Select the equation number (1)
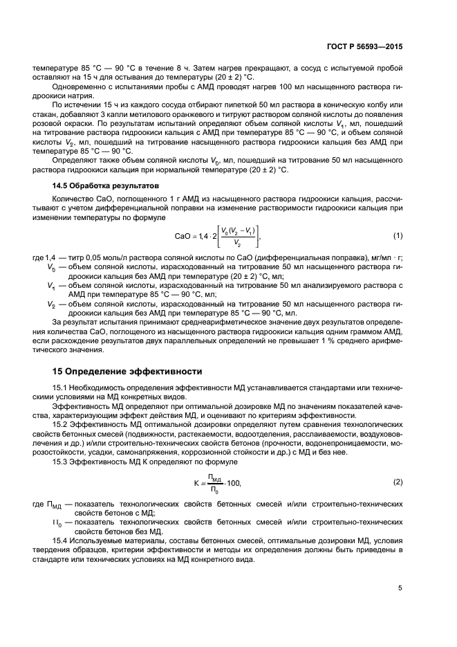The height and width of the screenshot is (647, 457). (398, 235)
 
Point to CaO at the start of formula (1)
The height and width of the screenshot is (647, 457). (183, 236)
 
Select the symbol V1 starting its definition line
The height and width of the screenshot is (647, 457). (51, 285)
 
